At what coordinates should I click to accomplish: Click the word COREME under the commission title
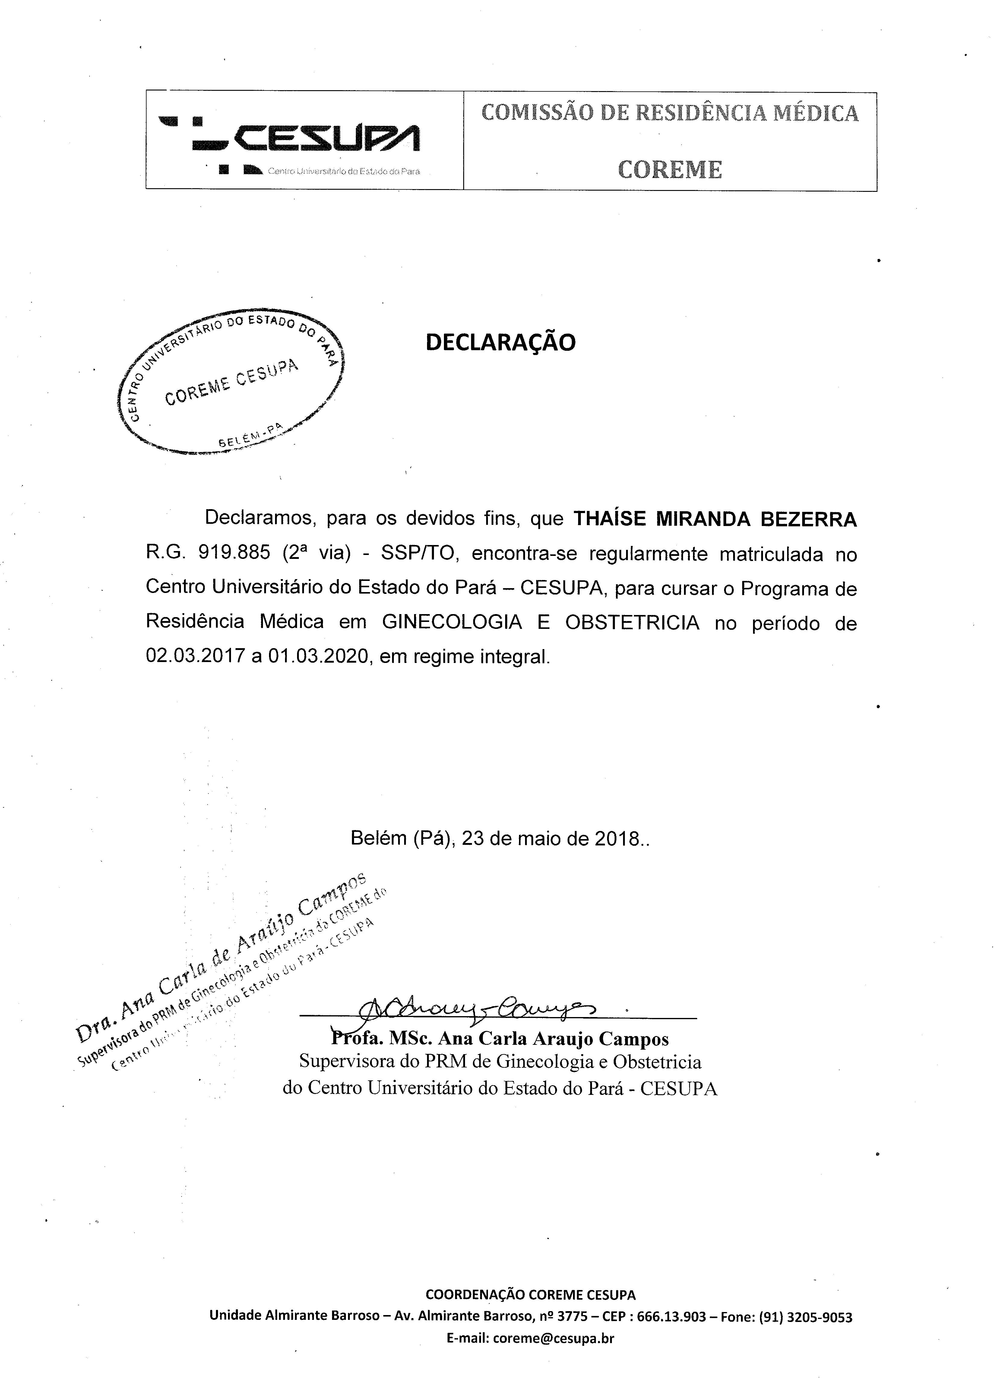click(670, 170)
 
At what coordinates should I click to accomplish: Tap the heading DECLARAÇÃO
click(500, 342)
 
